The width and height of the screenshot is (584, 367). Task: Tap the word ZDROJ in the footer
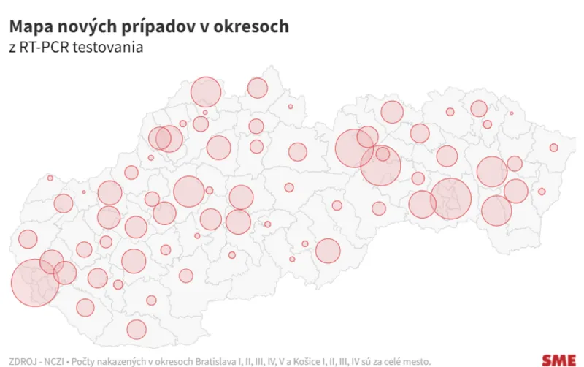[21, 361]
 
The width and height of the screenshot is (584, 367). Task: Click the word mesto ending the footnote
[416, 361]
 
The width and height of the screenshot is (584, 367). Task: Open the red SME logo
[558, 360]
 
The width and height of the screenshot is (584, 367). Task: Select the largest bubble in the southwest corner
[34, 283]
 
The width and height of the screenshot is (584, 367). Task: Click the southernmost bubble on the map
[137, 330]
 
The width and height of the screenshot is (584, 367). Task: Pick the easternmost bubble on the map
[553, 148]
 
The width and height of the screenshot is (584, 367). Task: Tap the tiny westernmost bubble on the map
[50, 178]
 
